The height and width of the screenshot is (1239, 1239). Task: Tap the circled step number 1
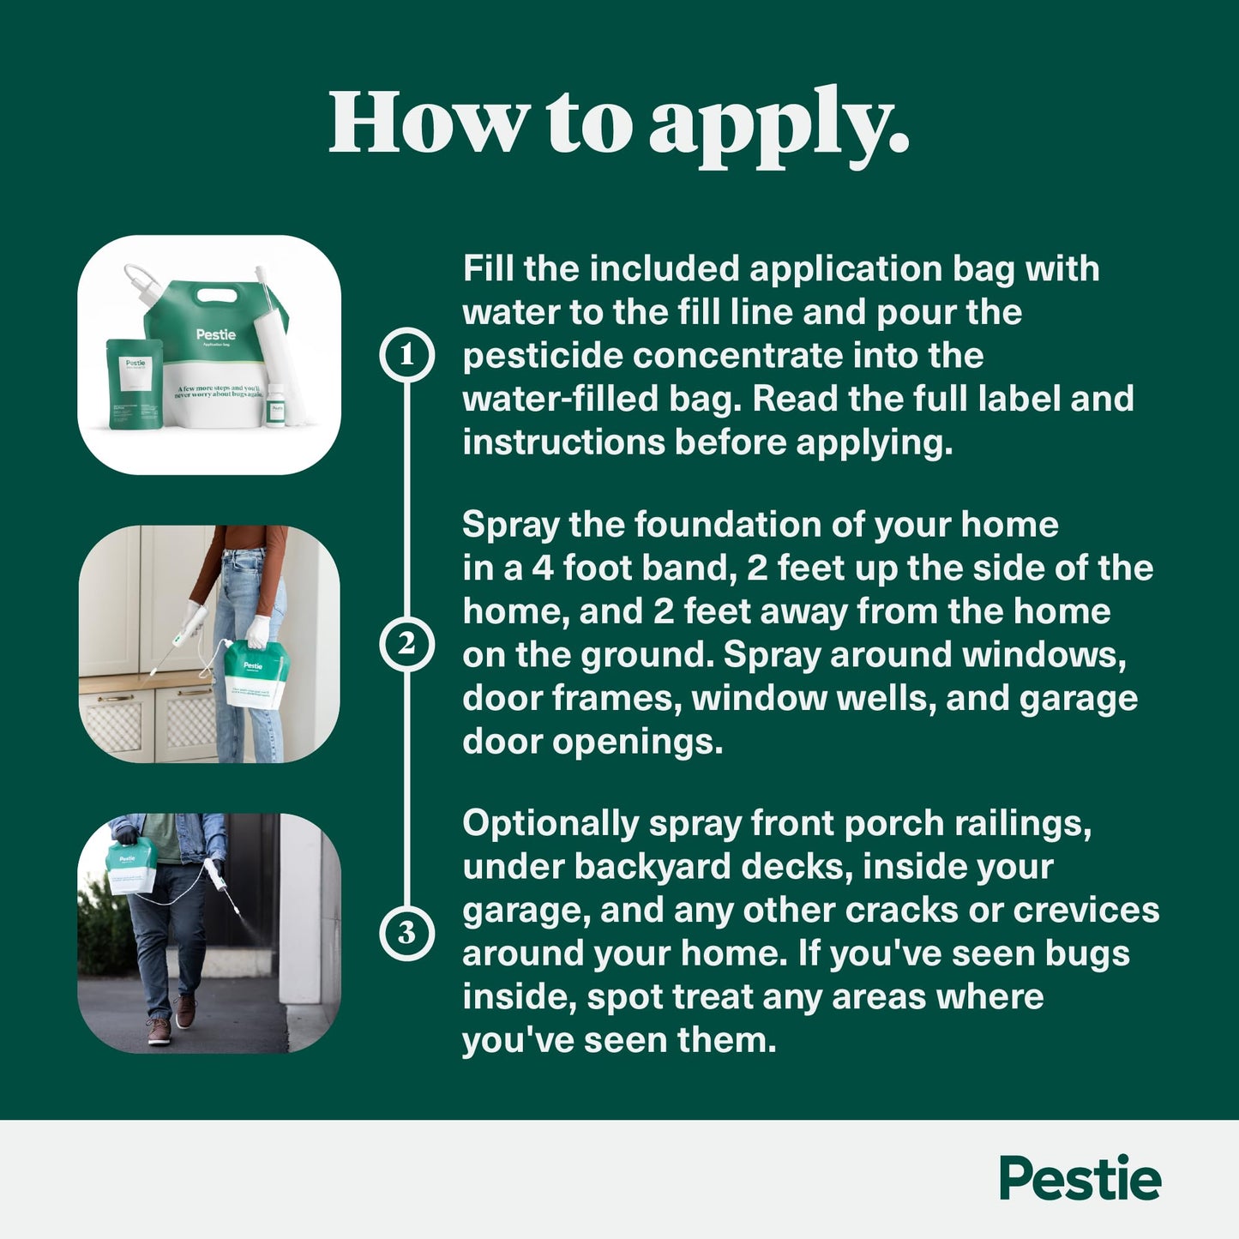click(406, 355)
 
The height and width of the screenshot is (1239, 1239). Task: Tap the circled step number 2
click(406, 644)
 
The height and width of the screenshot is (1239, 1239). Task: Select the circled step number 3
click(406, 933)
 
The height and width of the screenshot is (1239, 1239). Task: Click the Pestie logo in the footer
click(1080, 1179)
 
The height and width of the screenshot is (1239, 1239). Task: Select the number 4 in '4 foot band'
click(543, 568)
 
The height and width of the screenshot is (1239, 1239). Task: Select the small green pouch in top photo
click(134, 382)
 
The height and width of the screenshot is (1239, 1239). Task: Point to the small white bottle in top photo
click(275, 406)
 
